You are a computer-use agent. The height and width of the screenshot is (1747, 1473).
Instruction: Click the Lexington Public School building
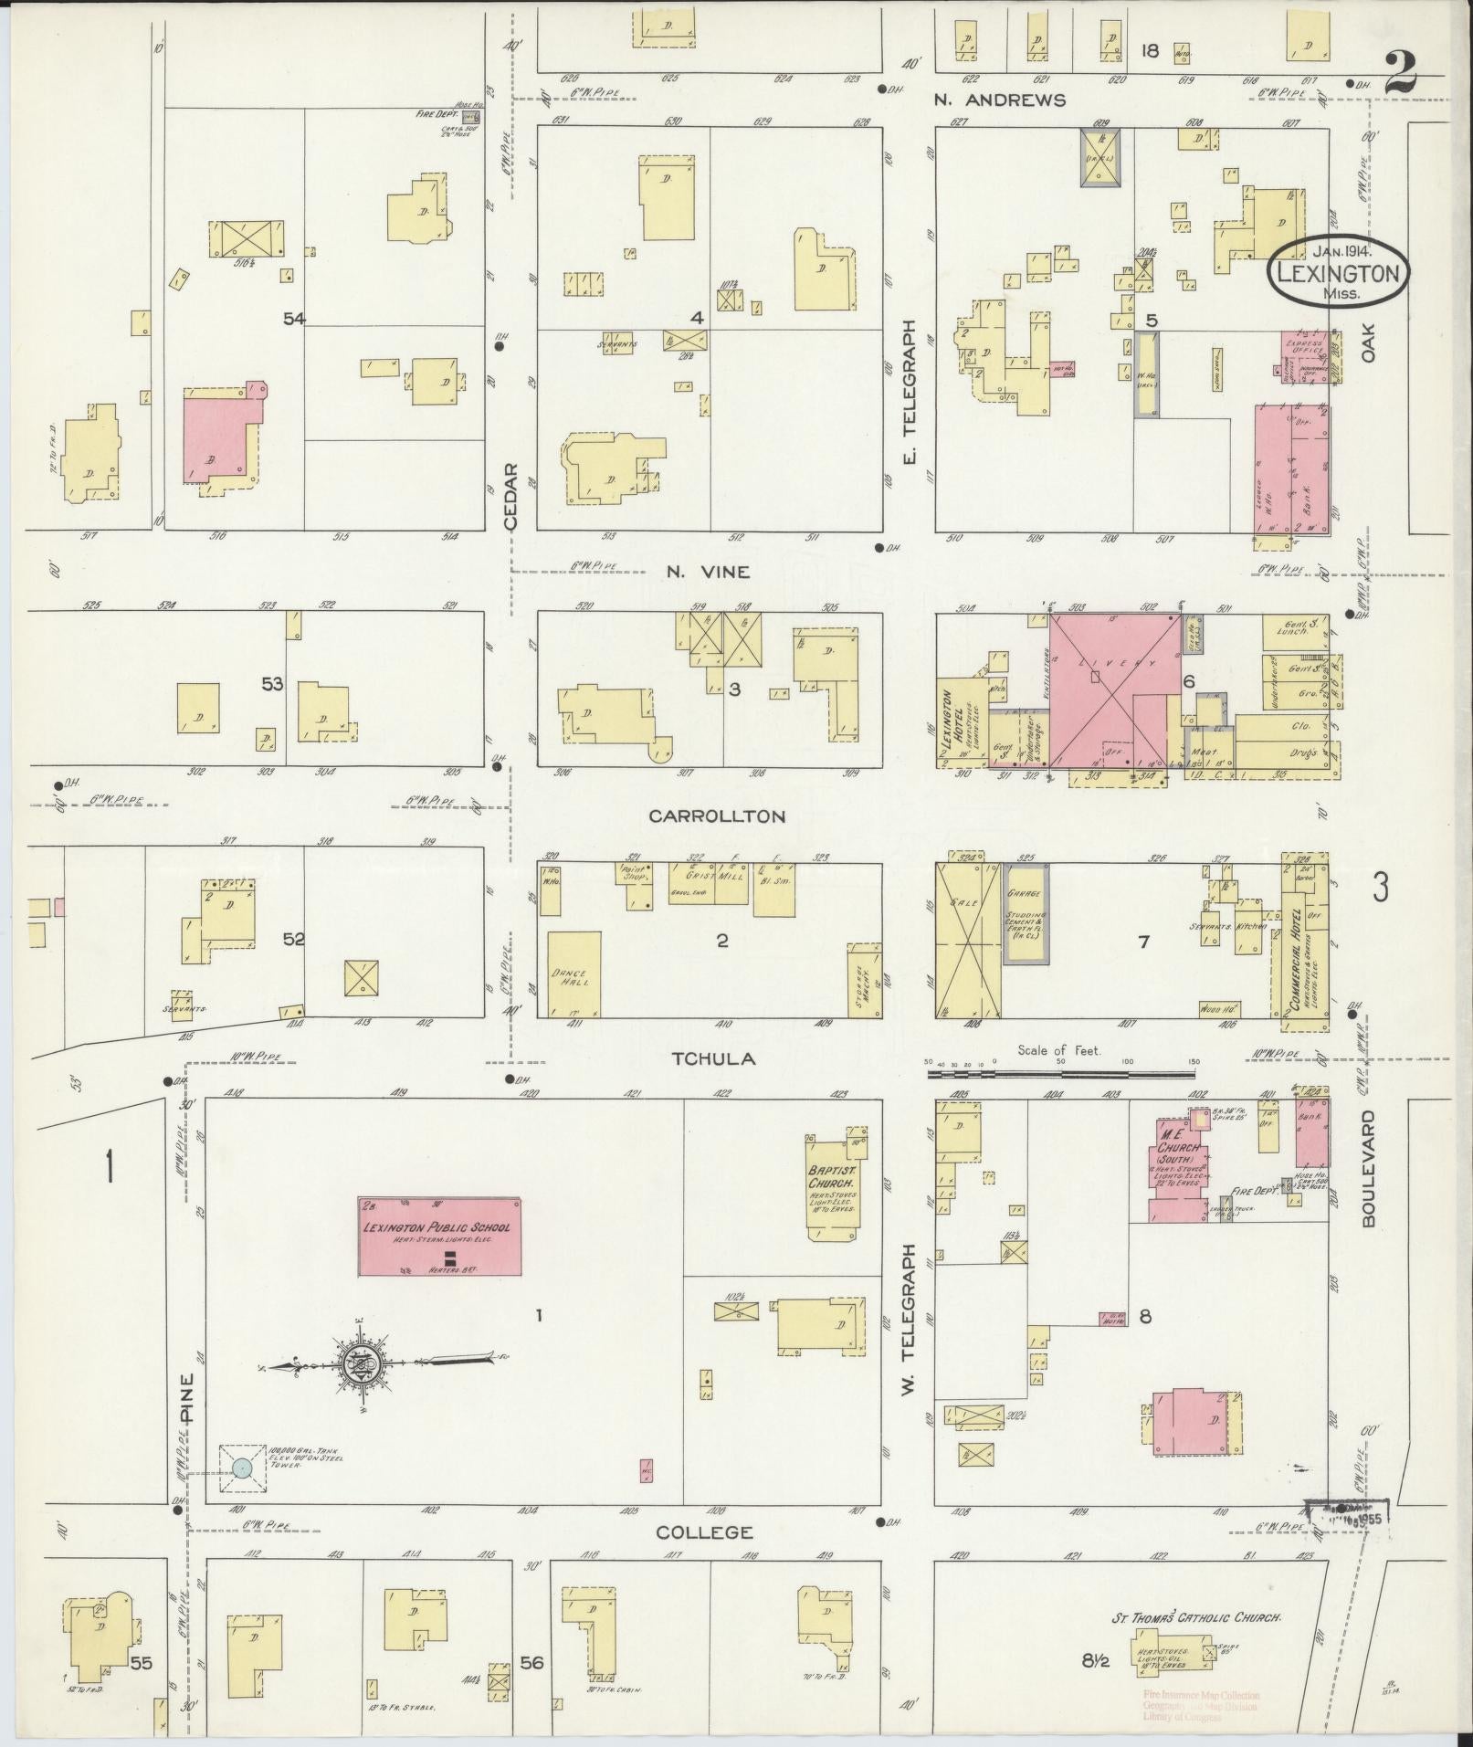439,1237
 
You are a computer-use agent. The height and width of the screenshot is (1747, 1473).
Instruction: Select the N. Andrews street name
999,100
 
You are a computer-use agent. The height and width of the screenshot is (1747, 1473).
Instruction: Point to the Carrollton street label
717,816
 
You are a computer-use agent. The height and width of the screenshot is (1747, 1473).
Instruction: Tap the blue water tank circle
241,1468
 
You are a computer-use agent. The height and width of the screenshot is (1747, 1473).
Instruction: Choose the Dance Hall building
574,973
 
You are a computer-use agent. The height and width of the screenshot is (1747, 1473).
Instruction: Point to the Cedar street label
510,497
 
